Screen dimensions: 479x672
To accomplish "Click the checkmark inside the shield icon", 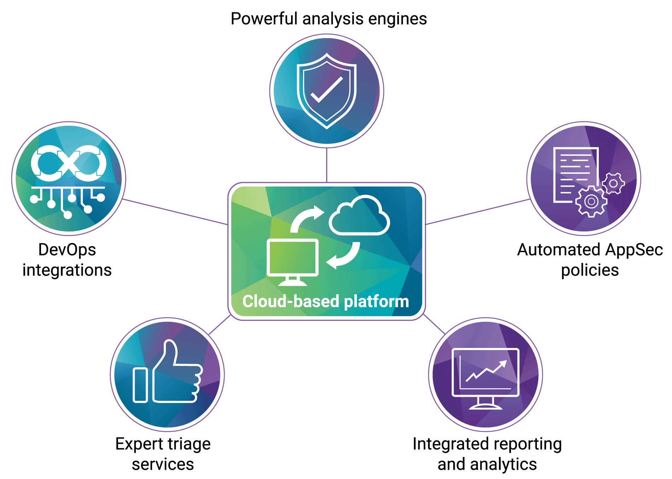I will (326, 90).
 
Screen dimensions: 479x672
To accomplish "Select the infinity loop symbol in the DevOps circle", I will (69, 163).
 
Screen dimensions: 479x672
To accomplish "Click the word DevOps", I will (67, 250).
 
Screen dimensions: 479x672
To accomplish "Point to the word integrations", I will (67, 270).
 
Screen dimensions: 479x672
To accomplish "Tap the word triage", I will (189, 444).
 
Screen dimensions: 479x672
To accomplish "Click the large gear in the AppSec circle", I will (591, 201).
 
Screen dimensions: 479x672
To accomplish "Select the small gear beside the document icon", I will (613, 183).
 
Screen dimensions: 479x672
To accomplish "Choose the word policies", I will (590, 270).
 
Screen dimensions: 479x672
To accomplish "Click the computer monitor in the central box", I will (292, 258).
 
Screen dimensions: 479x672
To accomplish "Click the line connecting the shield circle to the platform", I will (326, 165).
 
